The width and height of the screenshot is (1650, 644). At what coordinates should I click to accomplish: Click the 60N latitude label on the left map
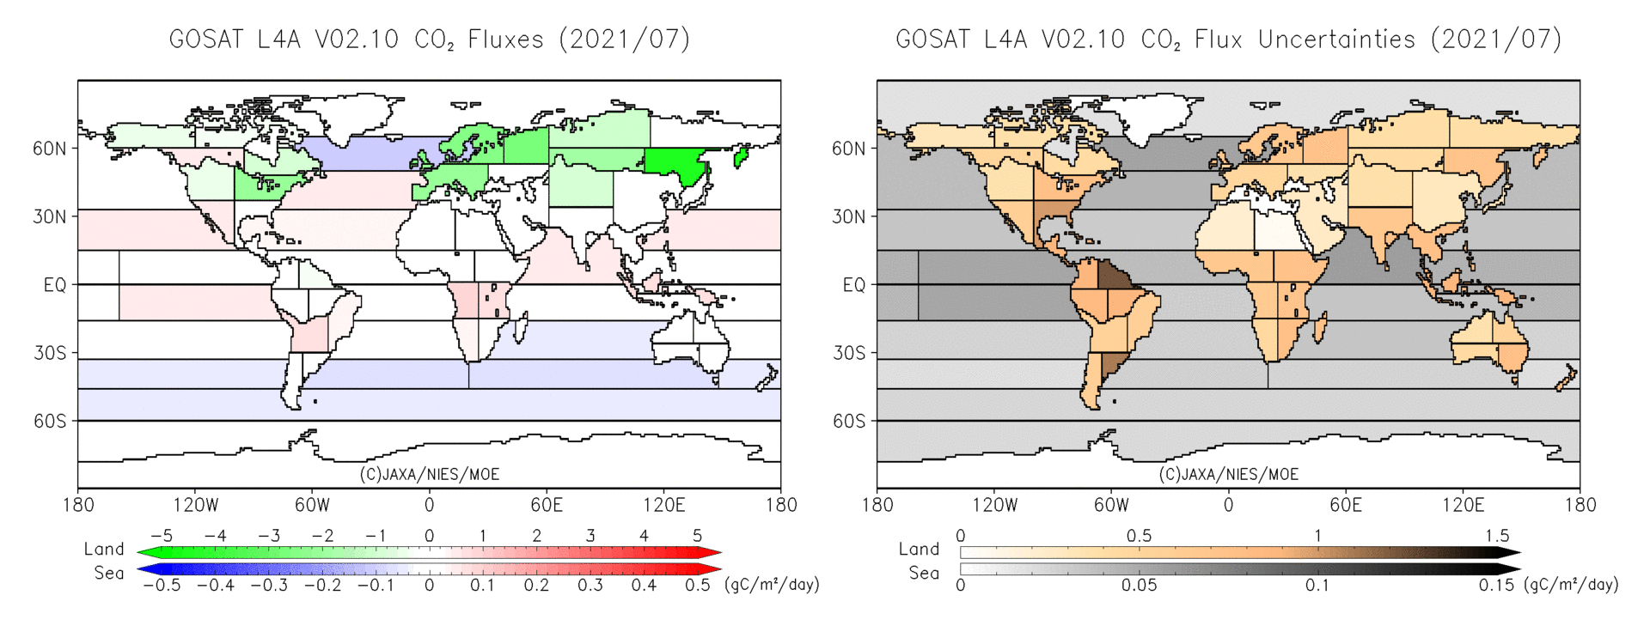(49, 149)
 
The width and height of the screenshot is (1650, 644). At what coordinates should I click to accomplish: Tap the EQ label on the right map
(853, 285)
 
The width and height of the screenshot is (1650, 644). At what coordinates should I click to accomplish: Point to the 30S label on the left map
(50, 353)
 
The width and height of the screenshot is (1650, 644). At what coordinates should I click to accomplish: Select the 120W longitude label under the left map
(195, 505)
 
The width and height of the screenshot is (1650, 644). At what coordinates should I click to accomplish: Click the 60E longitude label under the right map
(1345, 505)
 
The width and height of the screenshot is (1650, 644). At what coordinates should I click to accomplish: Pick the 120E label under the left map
(663, 505)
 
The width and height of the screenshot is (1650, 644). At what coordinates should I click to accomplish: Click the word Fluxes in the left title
(505, 39)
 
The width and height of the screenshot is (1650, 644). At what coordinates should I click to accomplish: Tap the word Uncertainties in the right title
(1336, 39)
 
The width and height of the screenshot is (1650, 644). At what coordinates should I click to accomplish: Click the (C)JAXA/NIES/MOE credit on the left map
(429, 474)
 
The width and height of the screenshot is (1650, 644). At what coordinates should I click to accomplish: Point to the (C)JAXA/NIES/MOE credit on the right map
(1228, 474)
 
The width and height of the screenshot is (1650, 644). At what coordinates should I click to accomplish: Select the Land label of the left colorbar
(104, 550)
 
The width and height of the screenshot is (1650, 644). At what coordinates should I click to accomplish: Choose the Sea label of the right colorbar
(924, 574)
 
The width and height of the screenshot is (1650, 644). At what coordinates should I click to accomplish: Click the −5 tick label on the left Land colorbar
(162, 536)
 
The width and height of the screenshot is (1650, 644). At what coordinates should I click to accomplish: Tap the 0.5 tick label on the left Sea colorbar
(697, 586)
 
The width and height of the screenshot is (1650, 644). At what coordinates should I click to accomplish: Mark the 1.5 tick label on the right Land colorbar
(1497, 536)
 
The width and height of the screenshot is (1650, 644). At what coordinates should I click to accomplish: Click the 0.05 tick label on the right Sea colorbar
(1139, 586)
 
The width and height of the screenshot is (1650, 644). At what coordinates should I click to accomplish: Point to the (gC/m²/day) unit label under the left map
(772, 585)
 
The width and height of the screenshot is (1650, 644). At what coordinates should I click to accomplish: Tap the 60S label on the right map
(848, 422)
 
